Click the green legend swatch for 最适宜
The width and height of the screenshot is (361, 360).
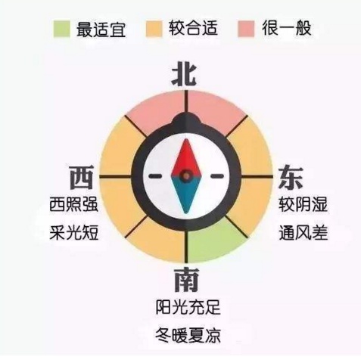(62, 29)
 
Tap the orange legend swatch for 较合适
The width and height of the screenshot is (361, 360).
(154, 29)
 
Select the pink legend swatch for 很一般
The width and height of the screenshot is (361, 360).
(246, 29)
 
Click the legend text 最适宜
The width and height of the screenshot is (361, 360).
(101, 29)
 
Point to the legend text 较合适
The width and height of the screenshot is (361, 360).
(193, 28)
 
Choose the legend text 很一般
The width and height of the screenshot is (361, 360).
(287, 28)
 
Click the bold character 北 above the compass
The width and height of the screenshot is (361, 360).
(184, 76)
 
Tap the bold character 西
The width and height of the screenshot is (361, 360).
(82, 177)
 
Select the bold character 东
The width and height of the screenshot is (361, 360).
(290, 177)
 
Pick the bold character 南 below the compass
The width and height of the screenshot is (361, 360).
(186, 280)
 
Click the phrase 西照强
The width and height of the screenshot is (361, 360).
(73, 205)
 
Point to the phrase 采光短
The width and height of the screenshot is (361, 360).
(73, 232)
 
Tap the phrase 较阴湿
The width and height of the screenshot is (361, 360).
(303, 204)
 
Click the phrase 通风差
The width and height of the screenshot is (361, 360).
(303, 233)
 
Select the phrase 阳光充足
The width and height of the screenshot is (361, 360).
(188, 307)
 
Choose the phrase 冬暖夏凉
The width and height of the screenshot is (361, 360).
(188, 335)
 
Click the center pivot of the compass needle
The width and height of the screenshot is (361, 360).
(186, 175)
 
